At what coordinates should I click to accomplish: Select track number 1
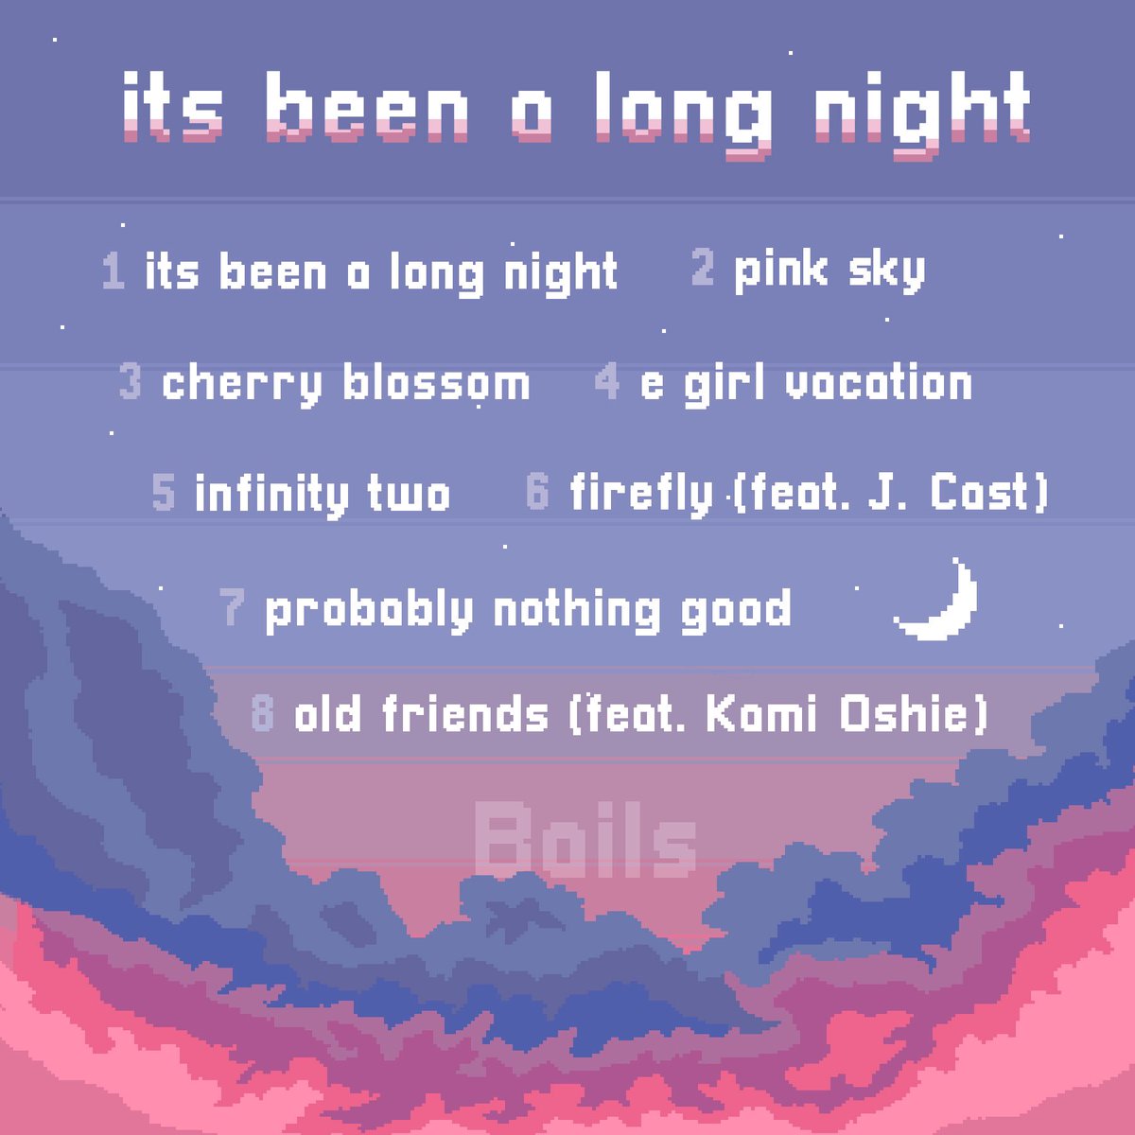pos(113,271)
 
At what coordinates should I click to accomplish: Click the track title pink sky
pos(829,271)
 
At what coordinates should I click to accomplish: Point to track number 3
pos(131,383)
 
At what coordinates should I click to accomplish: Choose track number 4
pos(606,383)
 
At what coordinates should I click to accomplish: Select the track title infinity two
pos(323,494)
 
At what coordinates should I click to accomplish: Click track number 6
pos(537,493)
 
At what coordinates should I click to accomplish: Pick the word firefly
pos(640,494)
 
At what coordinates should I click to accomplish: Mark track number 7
pos(233,608)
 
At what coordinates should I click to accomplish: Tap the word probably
pos(368,610)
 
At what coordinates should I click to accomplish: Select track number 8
pos(262,713)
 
